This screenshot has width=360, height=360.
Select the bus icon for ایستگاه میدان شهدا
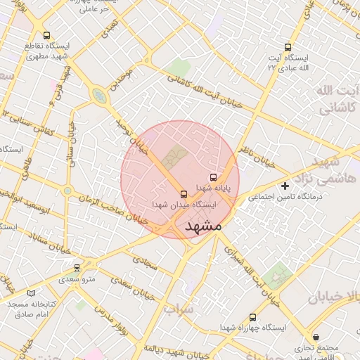point(184,193)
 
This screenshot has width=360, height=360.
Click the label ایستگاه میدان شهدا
point(184,205)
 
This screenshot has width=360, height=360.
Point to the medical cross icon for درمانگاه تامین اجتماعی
point(285,186)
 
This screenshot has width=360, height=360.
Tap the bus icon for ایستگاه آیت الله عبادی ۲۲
point(287,46)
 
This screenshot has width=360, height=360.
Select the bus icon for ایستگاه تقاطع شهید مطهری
point(46,35)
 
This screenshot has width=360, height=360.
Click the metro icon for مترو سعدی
point(77,268)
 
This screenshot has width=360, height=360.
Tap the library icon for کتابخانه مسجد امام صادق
point(30,292)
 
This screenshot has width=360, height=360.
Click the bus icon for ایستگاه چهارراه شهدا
point(253,317)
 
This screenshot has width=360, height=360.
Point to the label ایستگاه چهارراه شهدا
point(253,328)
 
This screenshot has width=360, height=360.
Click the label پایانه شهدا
point(214,188)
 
